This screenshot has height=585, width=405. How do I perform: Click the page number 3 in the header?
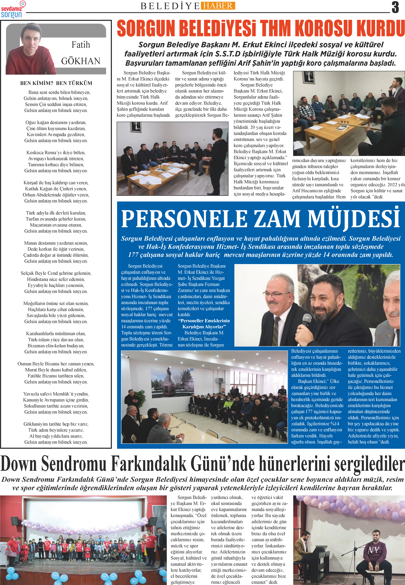coord(395,7)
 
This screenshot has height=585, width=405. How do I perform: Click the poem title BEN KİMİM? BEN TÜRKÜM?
coord(56,83)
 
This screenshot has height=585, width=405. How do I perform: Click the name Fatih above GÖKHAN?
coord(81,45)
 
